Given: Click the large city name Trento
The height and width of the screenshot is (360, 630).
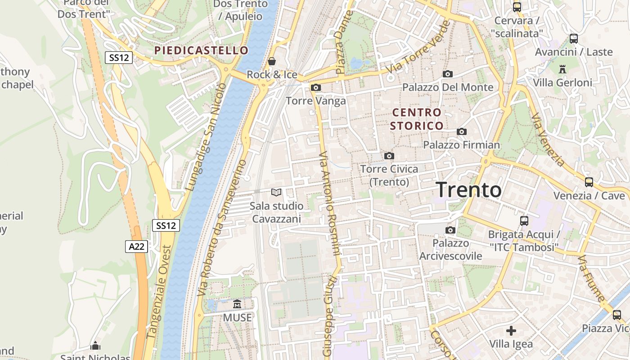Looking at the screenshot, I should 468,190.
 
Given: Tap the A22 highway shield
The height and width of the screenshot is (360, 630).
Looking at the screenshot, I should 136,246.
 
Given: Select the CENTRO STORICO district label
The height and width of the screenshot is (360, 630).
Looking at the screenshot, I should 417,119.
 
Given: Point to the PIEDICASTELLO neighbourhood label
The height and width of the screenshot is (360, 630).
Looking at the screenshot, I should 201,50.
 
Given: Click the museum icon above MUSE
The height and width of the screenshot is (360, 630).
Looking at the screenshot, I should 237,304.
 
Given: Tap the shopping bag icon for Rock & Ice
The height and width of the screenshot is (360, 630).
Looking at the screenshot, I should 272,61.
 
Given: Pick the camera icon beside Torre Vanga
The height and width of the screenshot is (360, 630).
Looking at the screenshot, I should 316,87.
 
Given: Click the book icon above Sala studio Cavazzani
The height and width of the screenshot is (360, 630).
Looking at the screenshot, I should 276,193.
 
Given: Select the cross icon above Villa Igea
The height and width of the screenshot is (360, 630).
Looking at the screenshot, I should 511,331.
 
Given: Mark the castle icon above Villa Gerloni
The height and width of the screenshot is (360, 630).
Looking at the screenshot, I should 562,69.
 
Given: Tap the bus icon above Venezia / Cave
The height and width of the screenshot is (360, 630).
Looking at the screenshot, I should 589,182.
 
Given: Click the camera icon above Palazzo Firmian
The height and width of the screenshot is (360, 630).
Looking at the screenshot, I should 461,132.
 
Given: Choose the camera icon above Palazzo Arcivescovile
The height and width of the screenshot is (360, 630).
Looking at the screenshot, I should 450,230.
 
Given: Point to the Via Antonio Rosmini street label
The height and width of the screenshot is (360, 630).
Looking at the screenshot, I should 329,203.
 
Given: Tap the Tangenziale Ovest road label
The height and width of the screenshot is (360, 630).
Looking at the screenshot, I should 160,292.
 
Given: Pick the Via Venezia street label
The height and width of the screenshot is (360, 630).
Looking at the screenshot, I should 547,139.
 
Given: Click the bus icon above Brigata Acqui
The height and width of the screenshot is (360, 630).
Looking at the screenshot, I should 524,221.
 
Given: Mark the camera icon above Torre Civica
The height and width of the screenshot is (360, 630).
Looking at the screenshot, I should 389,156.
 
